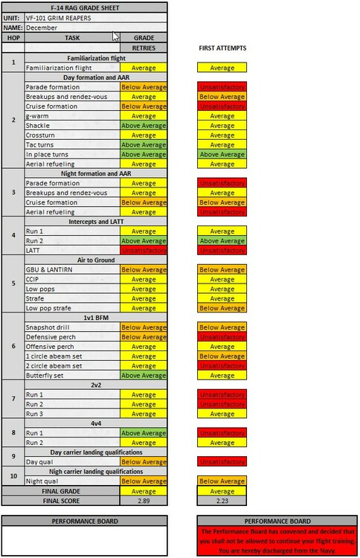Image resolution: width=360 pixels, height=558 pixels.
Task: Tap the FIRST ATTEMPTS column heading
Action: (222, 48)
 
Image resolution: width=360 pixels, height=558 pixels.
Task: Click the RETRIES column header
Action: (144, 47)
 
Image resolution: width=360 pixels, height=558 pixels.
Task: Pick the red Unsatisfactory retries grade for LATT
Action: (144, 251)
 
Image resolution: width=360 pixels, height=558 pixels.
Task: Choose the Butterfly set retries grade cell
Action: (144, 376)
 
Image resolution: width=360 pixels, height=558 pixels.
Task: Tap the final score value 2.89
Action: (144, 501)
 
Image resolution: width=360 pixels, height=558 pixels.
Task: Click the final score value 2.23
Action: (222, 501)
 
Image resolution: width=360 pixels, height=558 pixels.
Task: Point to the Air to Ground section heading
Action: (95, 260)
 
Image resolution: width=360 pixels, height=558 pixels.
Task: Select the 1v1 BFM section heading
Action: (95, 318)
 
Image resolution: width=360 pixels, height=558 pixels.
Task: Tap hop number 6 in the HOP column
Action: (13, 347)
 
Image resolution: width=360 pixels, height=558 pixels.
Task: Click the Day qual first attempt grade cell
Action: (222, 462)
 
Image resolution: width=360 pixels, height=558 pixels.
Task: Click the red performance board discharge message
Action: (274, 541)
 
